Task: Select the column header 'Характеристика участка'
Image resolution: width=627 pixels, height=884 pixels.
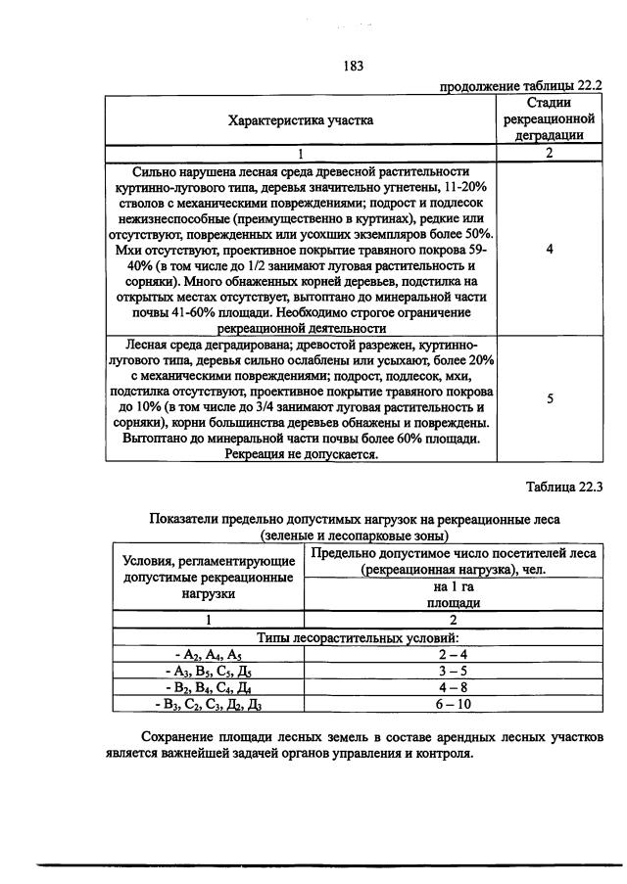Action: pyautogui.click(x=301, y=120)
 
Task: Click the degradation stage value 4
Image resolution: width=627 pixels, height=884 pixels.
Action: pyautogui.click(x=549, y=250)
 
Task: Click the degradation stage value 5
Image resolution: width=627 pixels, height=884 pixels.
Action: pyautogui.click(x=549, y=398)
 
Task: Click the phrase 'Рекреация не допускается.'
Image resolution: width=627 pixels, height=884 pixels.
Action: pyautogui.click(x=302, y=455)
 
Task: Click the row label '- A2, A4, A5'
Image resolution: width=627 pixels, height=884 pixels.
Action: pyautogui.click(x=208, y=654)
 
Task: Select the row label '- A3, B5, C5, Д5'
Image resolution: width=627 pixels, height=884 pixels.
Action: pyautogui.click(x=208, y=671)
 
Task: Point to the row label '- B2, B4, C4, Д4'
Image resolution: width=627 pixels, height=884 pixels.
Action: pyautogui.click(x=208, y=687)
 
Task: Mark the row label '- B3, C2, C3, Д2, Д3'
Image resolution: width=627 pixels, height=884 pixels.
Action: pyautogui.click(x=208, y=704)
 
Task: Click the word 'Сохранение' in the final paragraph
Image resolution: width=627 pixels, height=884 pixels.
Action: pyautogui.click(x=177, y=736)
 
